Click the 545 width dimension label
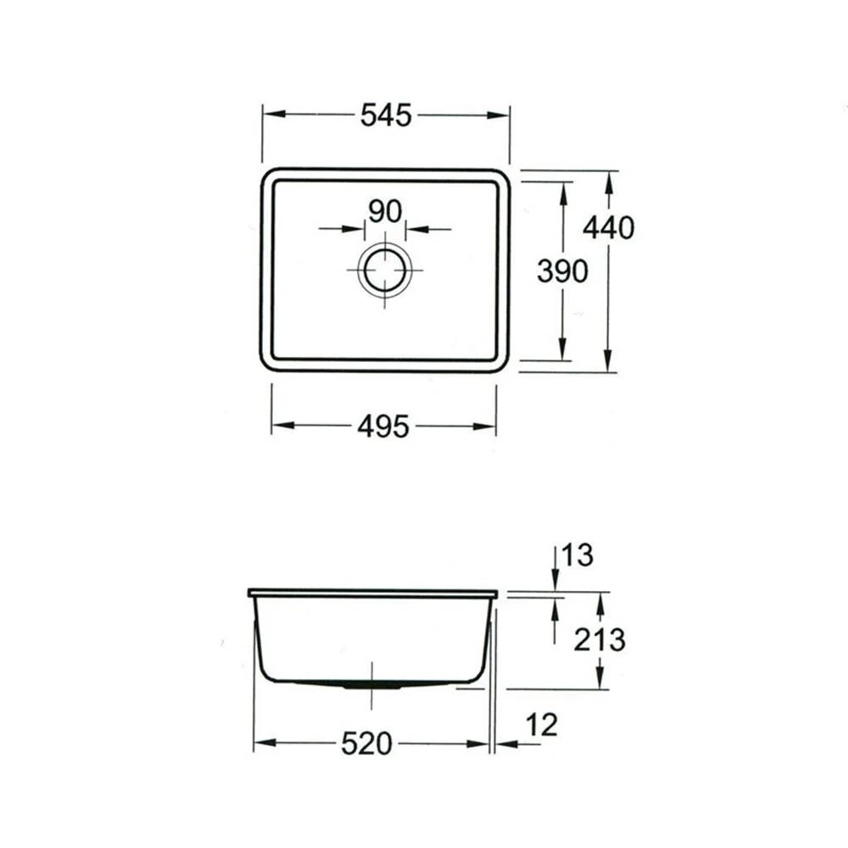[386, 115]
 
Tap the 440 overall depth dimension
[608, 227]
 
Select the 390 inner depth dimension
[562, 271]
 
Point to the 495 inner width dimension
[383, 427]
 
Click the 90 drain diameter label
[385, 211]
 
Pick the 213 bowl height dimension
[600, 640]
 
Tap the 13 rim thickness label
[577, 555]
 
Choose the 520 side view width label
[366, 745]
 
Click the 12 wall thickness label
[541, 725]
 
